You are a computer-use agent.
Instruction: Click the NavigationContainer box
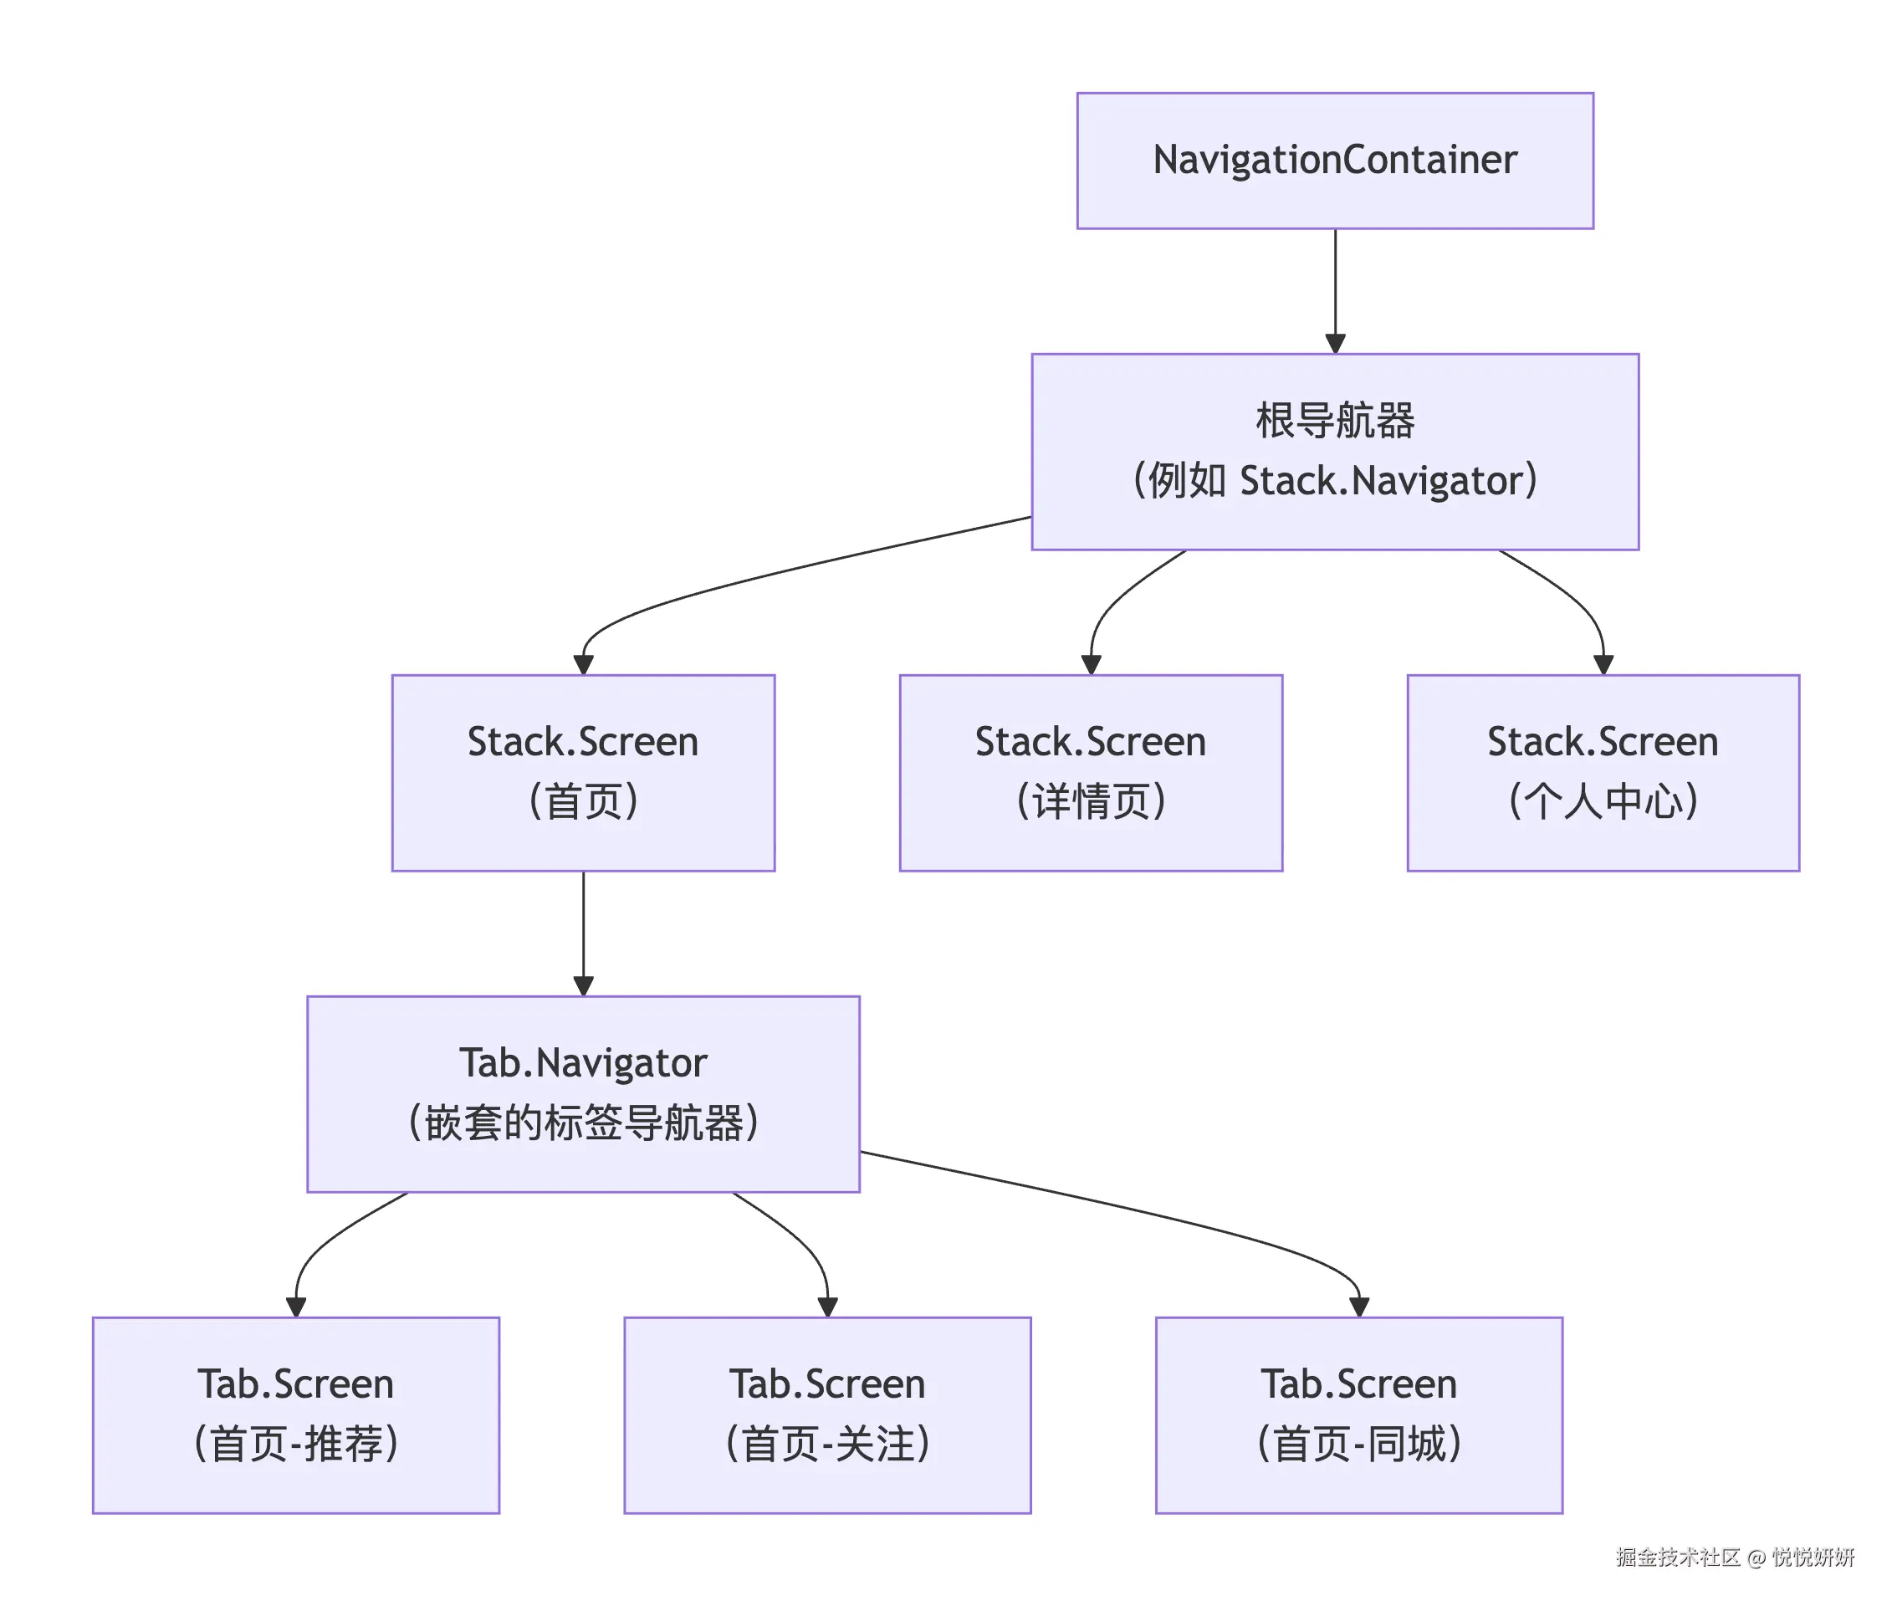click(1334, 161)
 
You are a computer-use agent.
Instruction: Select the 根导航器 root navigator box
click(1334, 452)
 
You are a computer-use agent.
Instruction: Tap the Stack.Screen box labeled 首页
click(583, 772)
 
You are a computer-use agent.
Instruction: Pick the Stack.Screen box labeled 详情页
click(1090, 772)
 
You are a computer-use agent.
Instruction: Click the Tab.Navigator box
click(583, 1092)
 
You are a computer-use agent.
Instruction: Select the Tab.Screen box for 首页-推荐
click(296, 1414)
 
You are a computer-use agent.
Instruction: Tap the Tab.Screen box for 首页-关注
click(826, 1414)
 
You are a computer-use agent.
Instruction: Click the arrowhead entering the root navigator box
click(1334, 344)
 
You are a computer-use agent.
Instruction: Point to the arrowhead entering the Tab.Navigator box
click(583, 986)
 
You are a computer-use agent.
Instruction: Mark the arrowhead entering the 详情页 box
click(1090, 665)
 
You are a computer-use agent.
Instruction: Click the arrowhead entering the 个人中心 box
click(1603, 665)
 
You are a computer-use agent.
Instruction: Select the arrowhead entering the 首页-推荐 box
click(296, 1307)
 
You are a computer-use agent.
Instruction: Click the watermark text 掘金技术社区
click(1677, 1557)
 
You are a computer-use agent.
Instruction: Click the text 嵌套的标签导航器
click(583, 1123)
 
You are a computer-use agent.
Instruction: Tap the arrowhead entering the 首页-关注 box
click(826, 1307)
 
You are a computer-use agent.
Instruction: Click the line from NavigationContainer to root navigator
click(1334, 282)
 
